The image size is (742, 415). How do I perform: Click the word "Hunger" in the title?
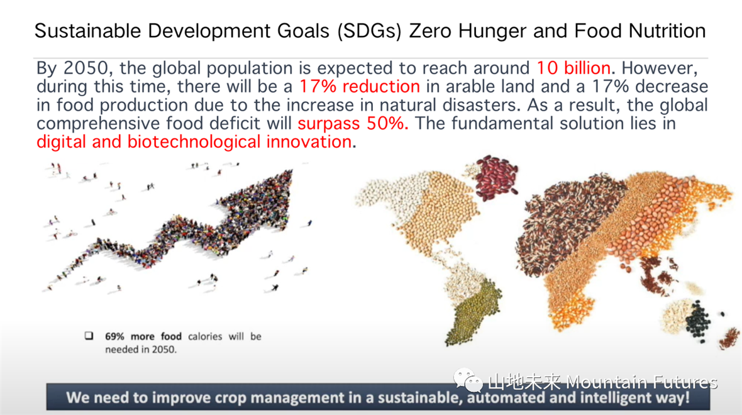click(x=492, y=31)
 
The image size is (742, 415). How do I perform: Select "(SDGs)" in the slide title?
click(x=369, y=31)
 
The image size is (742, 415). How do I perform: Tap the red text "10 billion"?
click(x=573, y=68)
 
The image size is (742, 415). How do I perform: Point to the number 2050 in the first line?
click(x=86, y=68)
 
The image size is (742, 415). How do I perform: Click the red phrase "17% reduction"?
click(x=360, y=87)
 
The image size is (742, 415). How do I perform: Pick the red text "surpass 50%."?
click(x=353, y=123)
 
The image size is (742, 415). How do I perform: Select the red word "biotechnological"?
click(x=194, y=142)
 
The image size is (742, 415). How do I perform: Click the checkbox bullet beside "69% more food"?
click(x=89, y=336)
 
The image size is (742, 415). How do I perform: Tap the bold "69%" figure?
click(x=114, y=336)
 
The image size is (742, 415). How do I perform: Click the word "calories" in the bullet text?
click(x=205, y=336)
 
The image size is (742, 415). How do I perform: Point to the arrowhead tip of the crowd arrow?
click(x=291, y=171)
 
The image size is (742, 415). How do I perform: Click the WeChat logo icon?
click(x=468, y=380)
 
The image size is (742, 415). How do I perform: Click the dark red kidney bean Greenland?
click(x=496, y=177)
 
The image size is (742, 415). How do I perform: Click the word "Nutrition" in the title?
click(x=667, y=31)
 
